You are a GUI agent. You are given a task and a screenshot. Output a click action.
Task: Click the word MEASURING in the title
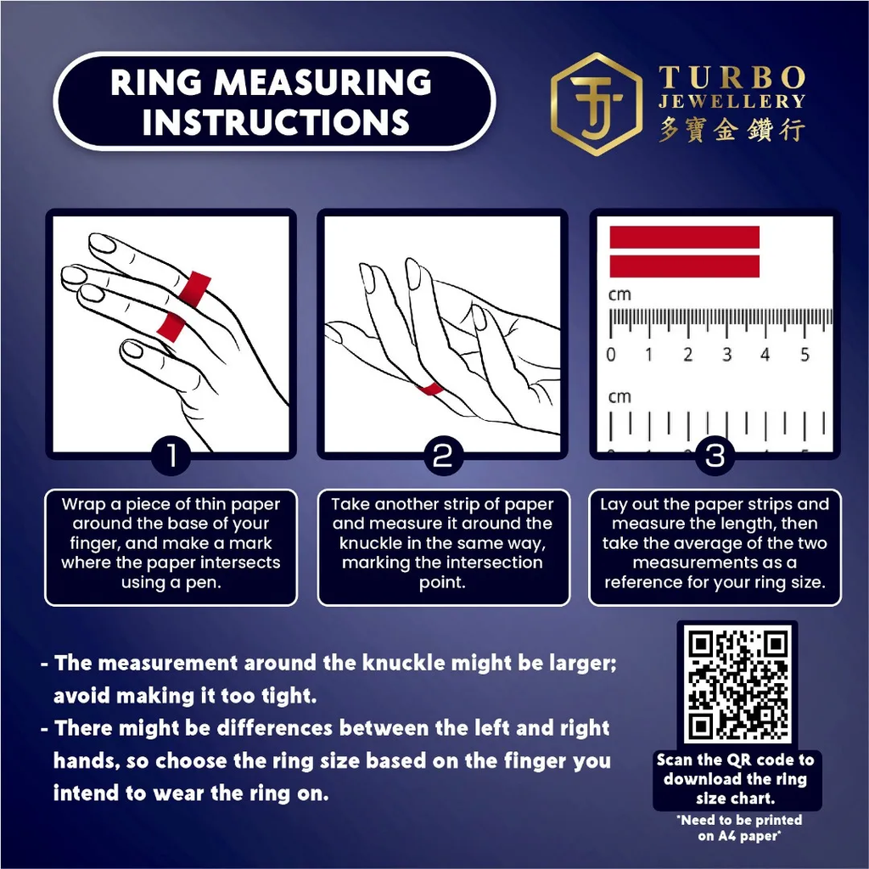click(x=322, y=82)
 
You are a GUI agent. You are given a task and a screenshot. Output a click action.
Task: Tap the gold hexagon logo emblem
click(x=597, y=104)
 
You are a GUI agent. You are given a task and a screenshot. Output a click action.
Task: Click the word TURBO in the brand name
click(x=732, y=77)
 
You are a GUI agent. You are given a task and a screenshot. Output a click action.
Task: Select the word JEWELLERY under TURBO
click(x=732, y=102)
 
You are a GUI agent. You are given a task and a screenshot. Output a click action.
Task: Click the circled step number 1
click(x=171, y=456)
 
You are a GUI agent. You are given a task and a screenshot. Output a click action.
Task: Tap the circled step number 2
click(x=443, y=456)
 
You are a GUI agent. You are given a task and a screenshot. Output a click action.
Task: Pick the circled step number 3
click(x=715, y=456)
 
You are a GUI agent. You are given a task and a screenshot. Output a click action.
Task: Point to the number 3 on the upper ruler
click(x=726, y=354)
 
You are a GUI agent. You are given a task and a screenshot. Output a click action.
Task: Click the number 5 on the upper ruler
click(x=805, y=354)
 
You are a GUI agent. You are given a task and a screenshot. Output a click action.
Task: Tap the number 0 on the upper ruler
click(x=611, y=354)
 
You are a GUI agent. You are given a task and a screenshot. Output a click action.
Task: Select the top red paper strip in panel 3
click(x=685, y=238)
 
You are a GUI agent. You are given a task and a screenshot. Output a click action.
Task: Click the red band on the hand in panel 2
click(x=430, y=390)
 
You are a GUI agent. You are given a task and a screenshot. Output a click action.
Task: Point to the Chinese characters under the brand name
click(x=732, y=130)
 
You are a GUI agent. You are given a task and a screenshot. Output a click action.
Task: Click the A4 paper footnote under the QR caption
click(x=739, y=827)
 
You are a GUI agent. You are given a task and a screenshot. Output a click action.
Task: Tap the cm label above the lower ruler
click(x=620, y=397)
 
